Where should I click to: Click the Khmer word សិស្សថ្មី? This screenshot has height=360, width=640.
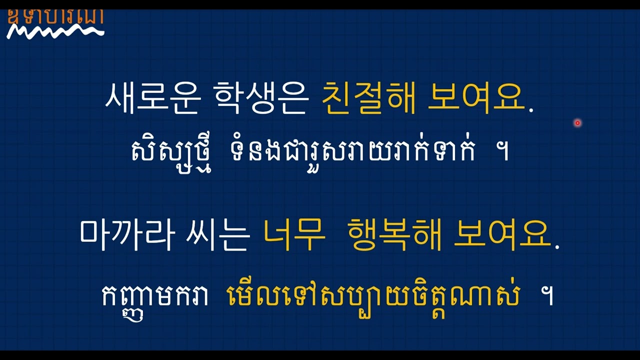[171, 151]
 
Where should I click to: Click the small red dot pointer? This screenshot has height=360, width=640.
[577, 122]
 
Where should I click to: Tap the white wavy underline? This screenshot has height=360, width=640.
[55, 32]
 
